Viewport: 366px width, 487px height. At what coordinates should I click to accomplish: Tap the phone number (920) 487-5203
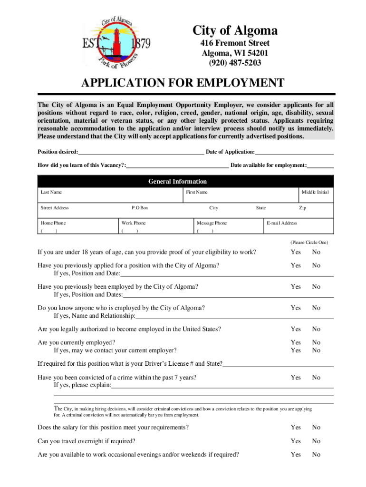[x=235, y=62]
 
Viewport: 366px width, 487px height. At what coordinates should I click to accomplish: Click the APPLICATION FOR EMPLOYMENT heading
[x=183, y=84]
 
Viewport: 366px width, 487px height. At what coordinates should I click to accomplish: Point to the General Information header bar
[x=177, y=181]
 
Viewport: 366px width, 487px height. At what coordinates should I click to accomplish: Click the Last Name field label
[x=51, y=192]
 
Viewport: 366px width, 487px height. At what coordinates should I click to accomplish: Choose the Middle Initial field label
[x=315, y=192]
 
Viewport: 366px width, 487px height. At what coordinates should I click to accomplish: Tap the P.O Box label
[x=140, y=208]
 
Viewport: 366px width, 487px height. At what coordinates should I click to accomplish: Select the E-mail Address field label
[x=282, y=223]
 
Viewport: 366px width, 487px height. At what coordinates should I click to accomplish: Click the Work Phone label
[x=134, y=223]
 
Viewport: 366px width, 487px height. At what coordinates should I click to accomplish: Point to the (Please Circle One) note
[x=309, y=242]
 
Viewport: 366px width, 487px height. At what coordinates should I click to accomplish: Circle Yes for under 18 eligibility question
[x=296, y=252]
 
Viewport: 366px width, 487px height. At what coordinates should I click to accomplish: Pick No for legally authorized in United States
[x=316, y=329]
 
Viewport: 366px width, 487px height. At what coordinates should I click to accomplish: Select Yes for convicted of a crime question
[x=296, y=378]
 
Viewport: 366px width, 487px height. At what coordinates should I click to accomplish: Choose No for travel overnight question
[x=316, y=441]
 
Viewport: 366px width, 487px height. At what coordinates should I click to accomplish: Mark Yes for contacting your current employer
[x=296, y=351]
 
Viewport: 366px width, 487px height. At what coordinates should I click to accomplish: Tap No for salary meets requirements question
[x=316, y=428]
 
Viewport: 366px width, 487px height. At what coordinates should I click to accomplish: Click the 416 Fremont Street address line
[x=235, y=43]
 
